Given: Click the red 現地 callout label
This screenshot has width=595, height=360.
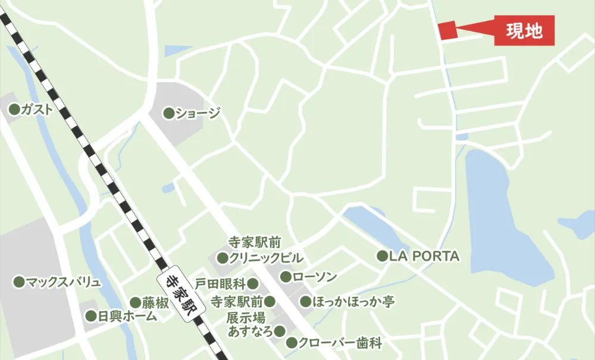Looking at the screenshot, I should [524, 31].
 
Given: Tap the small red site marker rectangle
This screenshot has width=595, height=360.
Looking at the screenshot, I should [447, 30].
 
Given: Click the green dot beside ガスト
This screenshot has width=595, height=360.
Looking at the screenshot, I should [14, 109].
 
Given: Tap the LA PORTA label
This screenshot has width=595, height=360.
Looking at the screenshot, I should [424, 256].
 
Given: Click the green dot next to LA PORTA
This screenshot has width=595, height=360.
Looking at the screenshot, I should [382, 256].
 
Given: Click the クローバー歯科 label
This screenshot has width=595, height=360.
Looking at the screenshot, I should [340, 343].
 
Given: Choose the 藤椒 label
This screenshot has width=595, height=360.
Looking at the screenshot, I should [155, 303].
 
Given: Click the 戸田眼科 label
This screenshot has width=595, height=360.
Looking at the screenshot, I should [220, 283].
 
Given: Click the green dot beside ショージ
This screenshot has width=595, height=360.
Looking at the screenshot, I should [168, 112].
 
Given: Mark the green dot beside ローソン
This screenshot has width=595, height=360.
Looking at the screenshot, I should [286, 277].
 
